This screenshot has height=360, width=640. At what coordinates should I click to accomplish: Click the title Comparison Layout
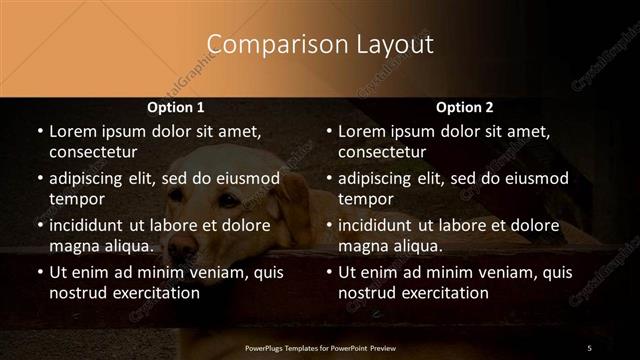point(320,45)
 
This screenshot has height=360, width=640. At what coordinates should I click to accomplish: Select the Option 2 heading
point(465,107)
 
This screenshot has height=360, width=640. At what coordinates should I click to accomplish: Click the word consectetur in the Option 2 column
point(382,152)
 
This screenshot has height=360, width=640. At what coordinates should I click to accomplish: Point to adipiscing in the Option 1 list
point(89,179)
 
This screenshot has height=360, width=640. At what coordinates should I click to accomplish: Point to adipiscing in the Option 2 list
point(379,179)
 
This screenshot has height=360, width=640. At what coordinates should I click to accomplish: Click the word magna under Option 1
point(71,246)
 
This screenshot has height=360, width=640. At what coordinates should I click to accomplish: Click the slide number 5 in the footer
point(589,347)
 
